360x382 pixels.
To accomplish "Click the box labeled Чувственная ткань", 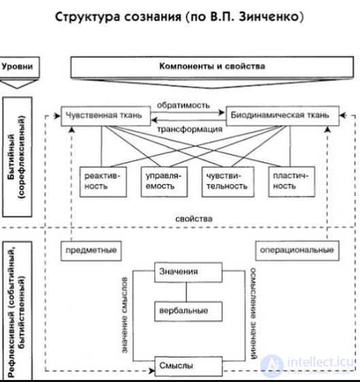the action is pos(105,116).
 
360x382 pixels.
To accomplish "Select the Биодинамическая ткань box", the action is pos(282,116).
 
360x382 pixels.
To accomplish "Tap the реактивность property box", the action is pos(103,181).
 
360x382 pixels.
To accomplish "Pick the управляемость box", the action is pos(164,181).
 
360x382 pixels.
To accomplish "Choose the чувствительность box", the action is pos(228,181).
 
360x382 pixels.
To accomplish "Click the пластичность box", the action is pos(291,181).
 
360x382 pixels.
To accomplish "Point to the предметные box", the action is pos(91,251).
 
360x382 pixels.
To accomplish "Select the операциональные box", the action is pos(297,251).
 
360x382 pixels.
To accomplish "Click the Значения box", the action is pos(189,273).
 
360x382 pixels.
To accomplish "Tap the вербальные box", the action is pos(189,311).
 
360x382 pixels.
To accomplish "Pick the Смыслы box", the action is pos(189,366).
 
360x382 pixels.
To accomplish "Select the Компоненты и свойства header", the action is pos(212,67).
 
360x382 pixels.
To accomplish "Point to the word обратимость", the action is pos(183,105).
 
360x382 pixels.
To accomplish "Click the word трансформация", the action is pos(190,129).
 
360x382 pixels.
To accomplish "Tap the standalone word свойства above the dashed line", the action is pos(194,219).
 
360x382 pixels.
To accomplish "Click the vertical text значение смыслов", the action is pos(125,315).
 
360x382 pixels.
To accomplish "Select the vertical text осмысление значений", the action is pos(253,313).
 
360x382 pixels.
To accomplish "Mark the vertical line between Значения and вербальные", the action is pos(186,292).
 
